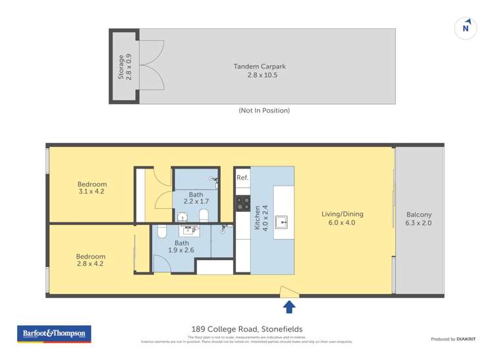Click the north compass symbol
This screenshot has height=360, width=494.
click(466, 28)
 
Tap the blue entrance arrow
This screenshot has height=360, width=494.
click(288, 307)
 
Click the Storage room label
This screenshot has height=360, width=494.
click(121, 67)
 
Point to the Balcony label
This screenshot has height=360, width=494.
click(419, 215)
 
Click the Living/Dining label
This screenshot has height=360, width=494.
click(342, 214)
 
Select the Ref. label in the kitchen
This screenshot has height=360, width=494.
click(242, 178)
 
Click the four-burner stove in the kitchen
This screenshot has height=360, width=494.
click(242, 203)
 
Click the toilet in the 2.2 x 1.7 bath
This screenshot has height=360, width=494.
click(204, 215)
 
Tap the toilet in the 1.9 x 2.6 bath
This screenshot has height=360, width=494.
click(162, 231)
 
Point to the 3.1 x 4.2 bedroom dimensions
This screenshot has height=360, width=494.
click(92, 192)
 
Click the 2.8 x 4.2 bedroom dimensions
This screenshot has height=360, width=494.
click(90, 264)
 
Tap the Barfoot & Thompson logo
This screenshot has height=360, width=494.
click(53, 334)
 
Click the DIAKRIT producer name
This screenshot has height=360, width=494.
click(468, 339)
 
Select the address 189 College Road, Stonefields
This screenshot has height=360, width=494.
click(247, 329)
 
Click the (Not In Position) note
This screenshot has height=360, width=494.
click(264, 111)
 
